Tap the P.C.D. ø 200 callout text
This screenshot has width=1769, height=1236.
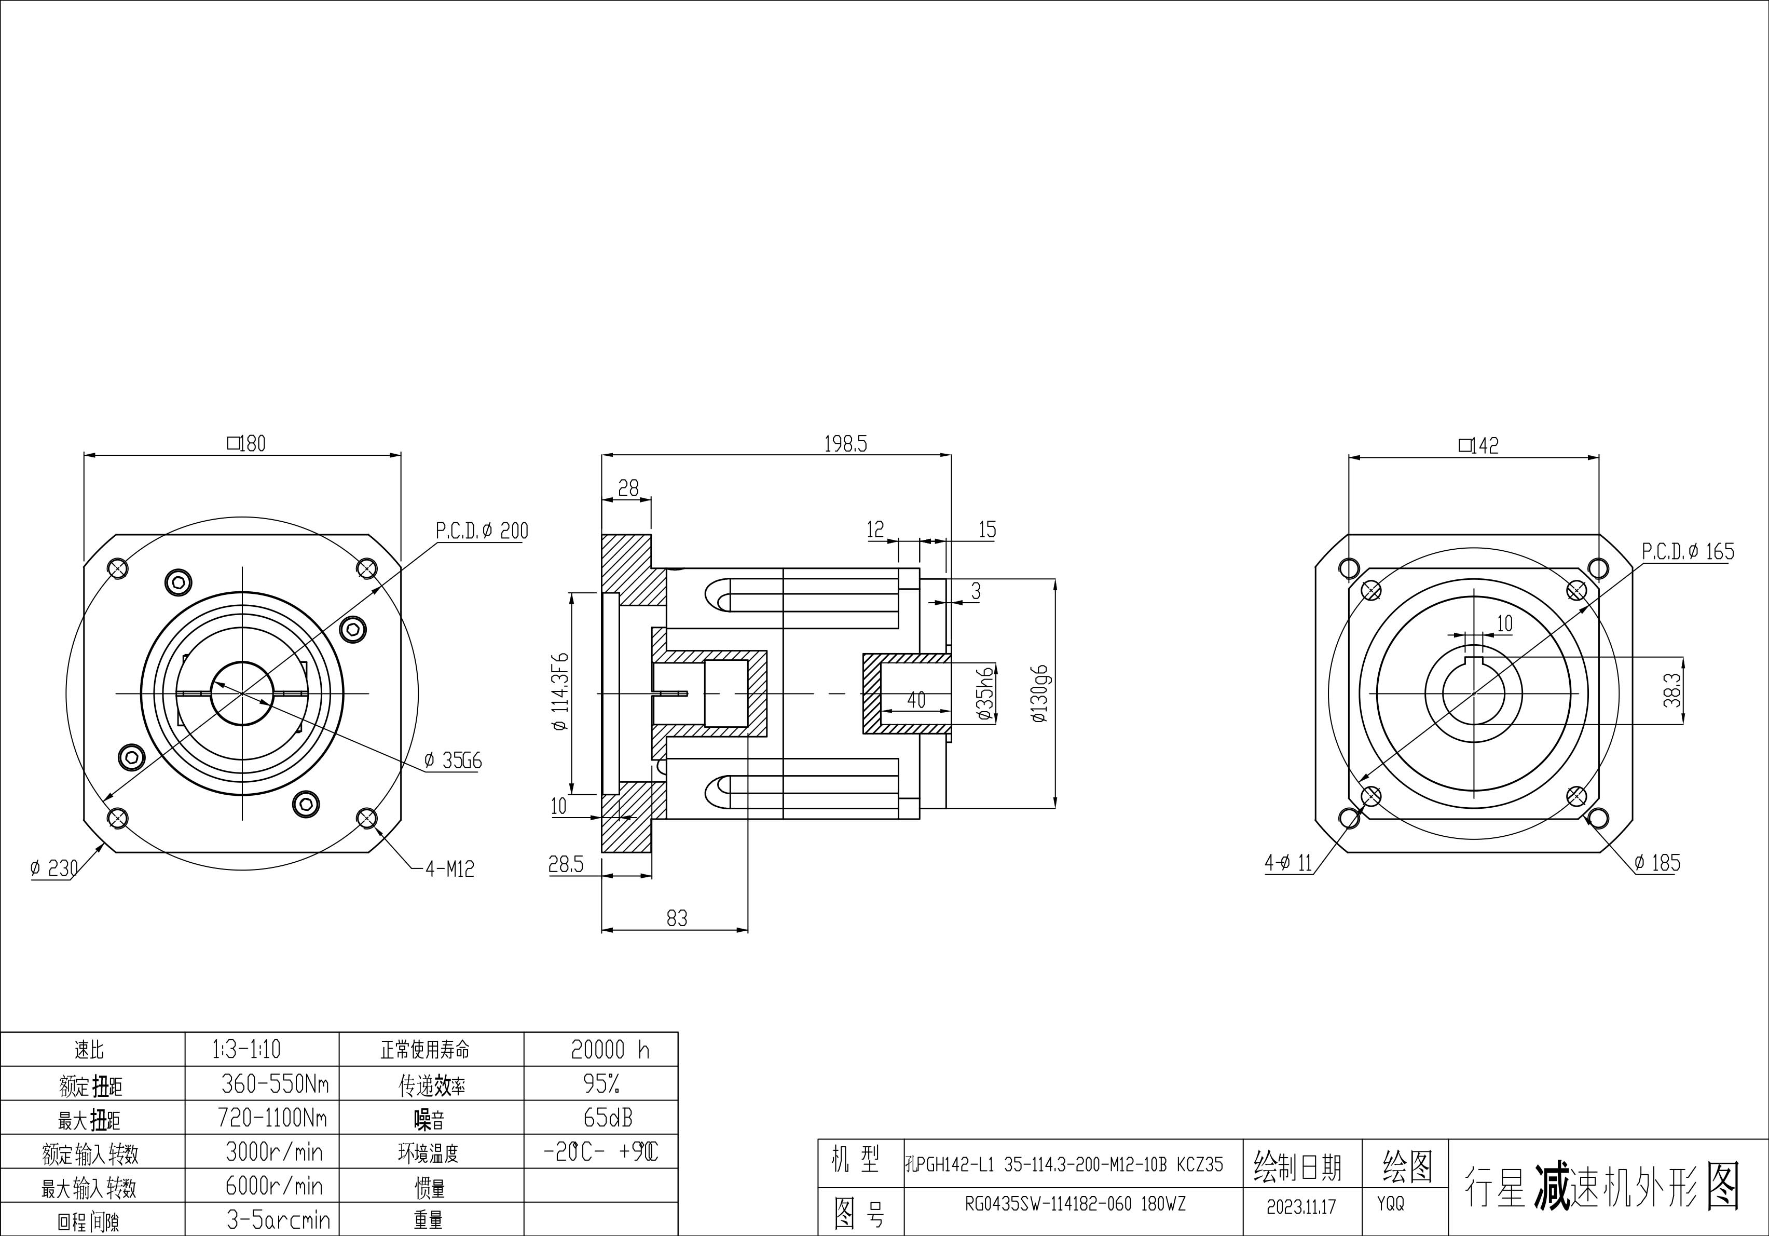click(482, 531)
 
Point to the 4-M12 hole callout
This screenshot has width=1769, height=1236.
click(450, 869)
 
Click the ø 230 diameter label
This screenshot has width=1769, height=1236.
click(54, 868)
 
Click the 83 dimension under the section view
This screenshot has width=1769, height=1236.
click(677, 918)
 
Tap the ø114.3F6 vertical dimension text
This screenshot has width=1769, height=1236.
click(560, 691)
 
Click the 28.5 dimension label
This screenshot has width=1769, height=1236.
click(566, 865)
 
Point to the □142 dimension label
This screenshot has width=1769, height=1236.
click(1478, 445)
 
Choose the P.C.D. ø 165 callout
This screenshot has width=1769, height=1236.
click(1688, 552)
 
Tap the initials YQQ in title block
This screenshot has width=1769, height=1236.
click(1391, 1203)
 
